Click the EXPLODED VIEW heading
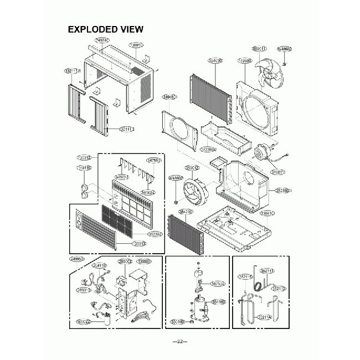pos(105,29)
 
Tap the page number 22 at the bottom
pos(180,342)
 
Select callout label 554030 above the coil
pos(215,60)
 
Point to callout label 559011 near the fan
pos(259,49)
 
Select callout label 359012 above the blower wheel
pos(192,167)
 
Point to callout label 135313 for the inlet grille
pos(139,244)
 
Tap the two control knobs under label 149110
pos(85,188)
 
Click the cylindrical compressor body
pos(199,306)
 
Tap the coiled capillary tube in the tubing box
pos(258,283)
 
